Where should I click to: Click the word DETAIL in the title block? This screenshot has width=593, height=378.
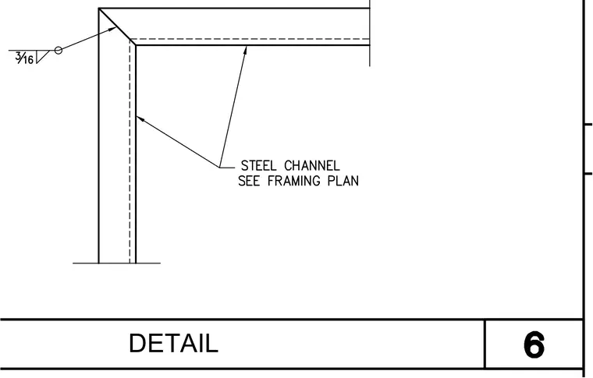tap(173, 343)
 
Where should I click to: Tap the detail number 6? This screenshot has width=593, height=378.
tap(534, 344)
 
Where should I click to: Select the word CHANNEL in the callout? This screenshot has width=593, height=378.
tap(311, 166)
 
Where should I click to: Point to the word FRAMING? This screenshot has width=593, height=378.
tap(294, 181)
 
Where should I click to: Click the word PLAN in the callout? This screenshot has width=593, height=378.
tap(343, 181)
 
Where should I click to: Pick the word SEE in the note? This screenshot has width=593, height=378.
tap(249, 181)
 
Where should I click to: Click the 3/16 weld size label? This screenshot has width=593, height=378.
tap(24, 58)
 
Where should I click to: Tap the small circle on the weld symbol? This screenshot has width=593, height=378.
tap(58, 50)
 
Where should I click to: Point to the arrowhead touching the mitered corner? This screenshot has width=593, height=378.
tap(112, 29)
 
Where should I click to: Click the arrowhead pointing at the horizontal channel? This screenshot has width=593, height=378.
tap(245, 51)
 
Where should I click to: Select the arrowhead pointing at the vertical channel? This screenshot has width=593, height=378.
tap(140, 119)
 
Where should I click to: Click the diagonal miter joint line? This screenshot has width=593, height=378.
tap(114, 23)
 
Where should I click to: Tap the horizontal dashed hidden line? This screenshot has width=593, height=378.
tap(250, 39)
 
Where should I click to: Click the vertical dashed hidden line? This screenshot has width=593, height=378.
tap(130, 151)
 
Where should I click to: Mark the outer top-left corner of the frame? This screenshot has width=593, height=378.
tap(99, 8)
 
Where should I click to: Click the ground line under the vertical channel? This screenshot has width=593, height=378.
tap(116, 263)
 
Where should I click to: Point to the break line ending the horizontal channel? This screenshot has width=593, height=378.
tap(370, 34)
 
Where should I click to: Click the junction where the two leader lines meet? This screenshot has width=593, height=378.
tap(219, 167)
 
